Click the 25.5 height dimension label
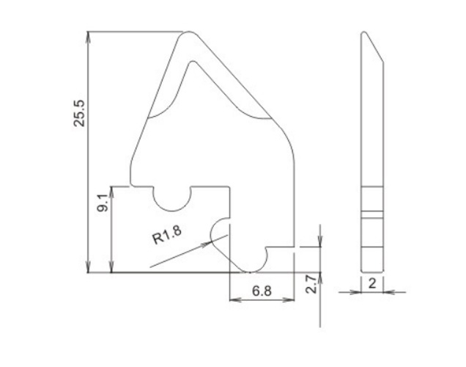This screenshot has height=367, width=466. [79, 114]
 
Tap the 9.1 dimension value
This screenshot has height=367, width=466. [103, 203]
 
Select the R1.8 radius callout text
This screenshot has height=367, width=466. [167, 235]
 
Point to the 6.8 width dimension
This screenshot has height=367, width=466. [262, 291]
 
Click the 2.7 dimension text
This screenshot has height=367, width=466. [311, 285]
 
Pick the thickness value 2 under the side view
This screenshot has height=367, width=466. [372, 283]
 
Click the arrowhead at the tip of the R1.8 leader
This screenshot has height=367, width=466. [207, 244]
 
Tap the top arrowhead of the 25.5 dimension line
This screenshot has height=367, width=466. [88, 37]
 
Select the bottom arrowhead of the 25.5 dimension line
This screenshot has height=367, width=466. [88, 266]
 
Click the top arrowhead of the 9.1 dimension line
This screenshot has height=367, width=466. [112, 192]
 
